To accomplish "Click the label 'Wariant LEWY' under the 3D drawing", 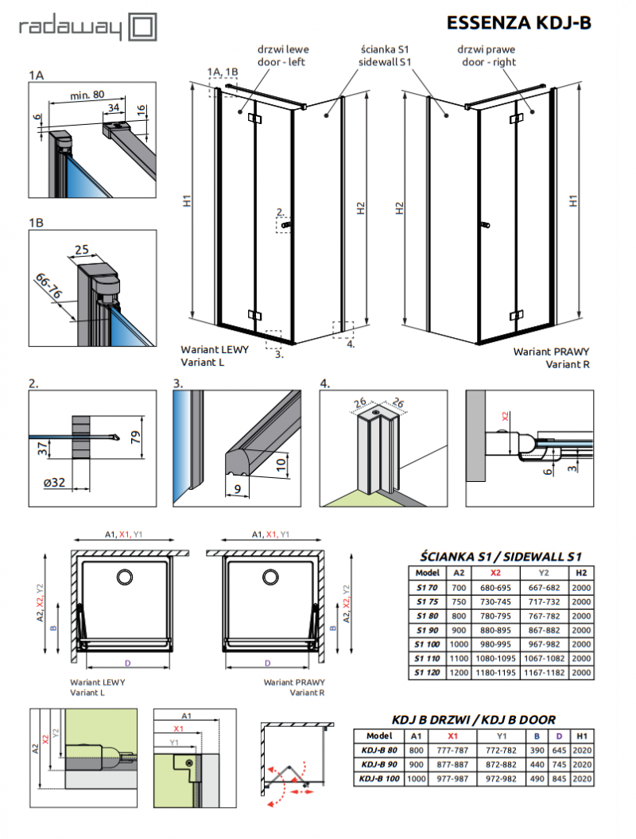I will tap(209, 350).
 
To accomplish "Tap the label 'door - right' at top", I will tap(492, 62).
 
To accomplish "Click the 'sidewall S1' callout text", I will tap(384, 62).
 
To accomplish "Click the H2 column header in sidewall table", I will tap(582, 572).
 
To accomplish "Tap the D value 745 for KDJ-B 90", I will tap(560, 764).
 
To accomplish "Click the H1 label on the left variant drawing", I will tap(186, 202).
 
